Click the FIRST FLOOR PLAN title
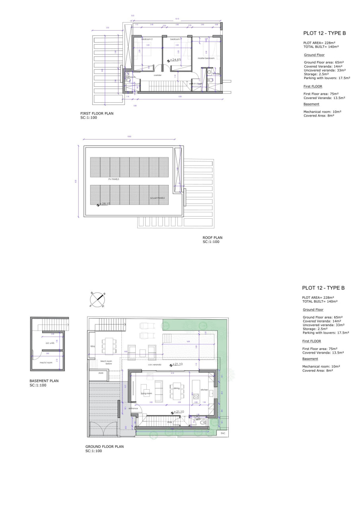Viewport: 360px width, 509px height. (x=97, y=113)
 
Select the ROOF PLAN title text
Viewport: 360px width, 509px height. (x=212, y=238)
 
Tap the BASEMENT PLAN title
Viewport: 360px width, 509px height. (x=44, y=381)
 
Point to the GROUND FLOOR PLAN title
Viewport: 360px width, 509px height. (x=104, y=447)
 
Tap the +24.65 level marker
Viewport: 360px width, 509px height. (x=174, y=60)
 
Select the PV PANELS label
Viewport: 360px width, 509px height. (x=114, y=179)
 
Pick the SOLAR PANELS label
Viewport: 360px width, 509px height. (x=157, y=198)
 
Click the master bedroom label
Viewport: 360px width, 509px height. (x=206, y=58)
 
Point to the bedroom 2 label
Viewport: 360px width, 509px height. (x=147, y=39)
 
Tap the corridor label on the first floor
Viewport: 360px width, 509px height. (x=158, y=75)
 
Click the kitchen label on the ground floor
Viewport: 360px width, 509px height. (x=204, y=390)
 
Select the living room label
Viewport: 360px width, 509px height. (x=146, y=393)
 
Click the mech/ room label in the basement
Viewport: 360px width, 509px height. (x=44, y=362)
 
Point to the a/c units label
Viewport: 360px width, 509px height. (x=50, y=343)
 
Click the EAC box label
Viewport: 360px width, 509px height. (x=223, y=433)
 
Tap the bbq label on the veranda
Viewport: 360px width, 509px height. (x=93, y=346)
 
